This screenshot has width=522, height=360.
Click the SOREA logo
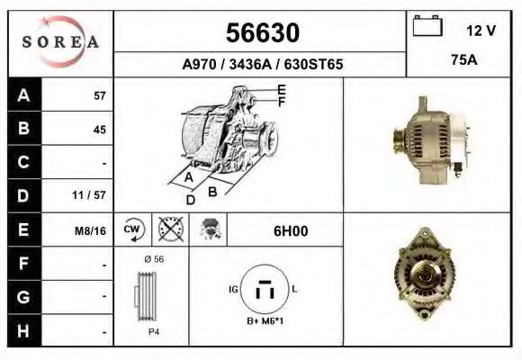[x=60, y=42]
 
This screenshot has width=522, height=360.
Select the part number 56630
[x=260, y=33]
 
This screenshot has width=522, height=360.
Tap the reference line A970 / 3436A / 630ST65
[x=260, y=66]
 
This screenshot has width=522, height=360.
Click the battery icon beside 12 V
[x=427, y=28]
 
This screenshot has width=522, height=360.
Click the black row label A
[x=23, y=95]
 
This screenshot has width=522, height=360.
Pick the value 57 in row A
[x=99, y=95]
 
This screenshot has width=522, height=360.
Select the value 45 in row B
[x=99, y=129]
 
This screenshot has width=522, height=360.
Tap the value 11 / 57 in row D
[x=93, y=195]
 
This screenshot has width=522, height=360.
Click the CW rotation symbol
[x=132, y=230]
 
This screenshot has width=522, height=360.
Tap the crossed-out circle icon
[x=167, y=230]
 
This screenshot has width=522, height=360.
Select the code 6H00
[x=290, y=231]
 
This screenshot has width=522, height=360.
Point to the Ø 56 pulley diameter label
[x=153, y=259]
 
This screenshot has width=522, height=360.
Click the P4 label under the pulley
[x=154, y=332]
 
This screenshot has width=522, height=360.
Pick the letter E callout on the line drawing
[x=282, y=88]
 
